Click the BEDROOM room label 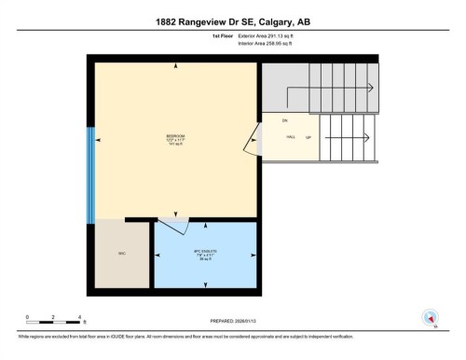tap(173, 136)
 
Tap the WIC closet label tap(121, 253)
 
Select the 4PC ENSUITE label tap(205, 251)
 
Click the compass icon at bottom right tap(430, 317)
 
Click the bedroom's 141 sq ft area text tap(173, 145)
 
